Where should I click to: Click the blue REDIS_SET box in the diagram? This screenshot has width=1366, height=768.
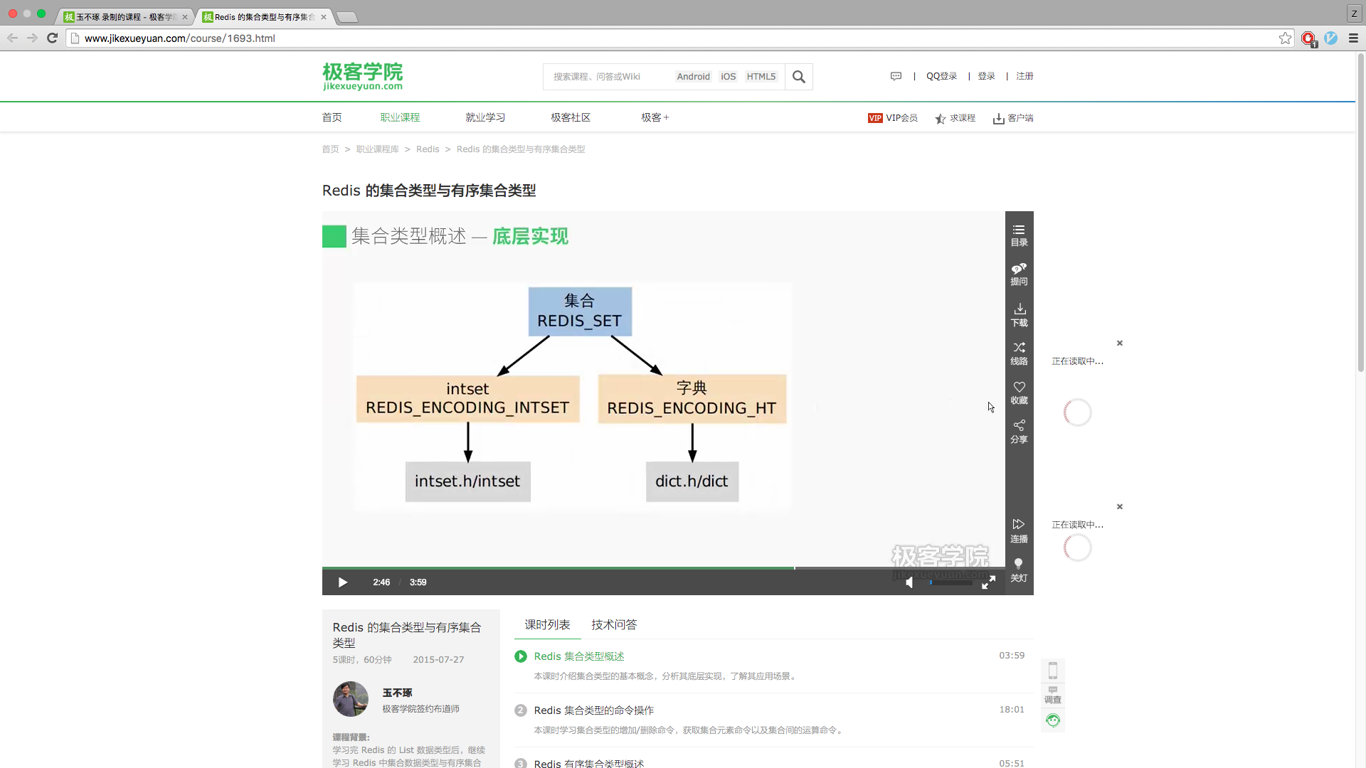coord(580,311)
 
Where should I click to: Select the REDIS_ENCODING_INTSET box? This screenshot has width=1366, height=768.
coord(467,399)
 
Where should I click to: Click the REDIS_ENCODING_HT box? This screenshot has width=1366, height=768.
coord(692,399)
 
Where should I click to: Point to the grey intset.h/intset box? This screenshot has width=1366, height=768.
coord(467,481)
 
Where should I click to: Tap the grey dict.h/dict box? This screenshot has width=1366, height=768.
coord(692,481)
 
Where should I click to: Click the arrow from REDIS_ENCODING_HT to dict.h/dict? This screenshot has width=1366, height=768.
coord(692,442)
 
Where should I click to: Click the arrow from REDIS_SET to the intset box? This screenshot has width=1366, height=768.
coord(524,356)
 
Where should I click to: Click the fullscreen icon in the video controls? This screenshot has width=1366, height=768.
coord(988,582)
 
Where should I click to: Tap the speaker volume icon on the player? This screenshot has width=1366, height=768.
coord(909,582)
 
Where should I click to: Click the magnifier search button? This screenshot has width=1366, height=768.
coord(799,77)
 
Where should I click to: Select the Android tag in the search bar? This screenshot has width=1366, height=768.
coord(693,77)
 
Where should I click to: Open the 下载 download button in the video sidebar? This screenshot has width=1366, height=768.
coord(1020,314)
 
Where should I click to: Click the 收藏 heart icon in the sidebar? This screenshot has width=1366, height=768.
coord(1020,393)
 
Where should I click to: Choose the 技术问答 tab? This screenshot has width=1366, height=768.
coord(614,624)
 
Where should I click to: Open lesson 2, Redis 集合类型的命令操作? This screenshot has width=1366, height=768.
coord(594,710)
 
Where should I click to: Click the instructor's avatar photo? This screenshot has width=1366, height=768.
coord(351,699)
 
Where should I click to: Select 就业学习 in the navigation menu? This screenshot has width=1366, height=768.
coord(485,117)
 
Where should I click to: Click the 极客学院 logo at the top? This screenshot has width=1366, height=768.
coord(363,76)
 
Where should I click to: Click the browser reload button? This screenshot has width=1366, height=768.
coord(52,38)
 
